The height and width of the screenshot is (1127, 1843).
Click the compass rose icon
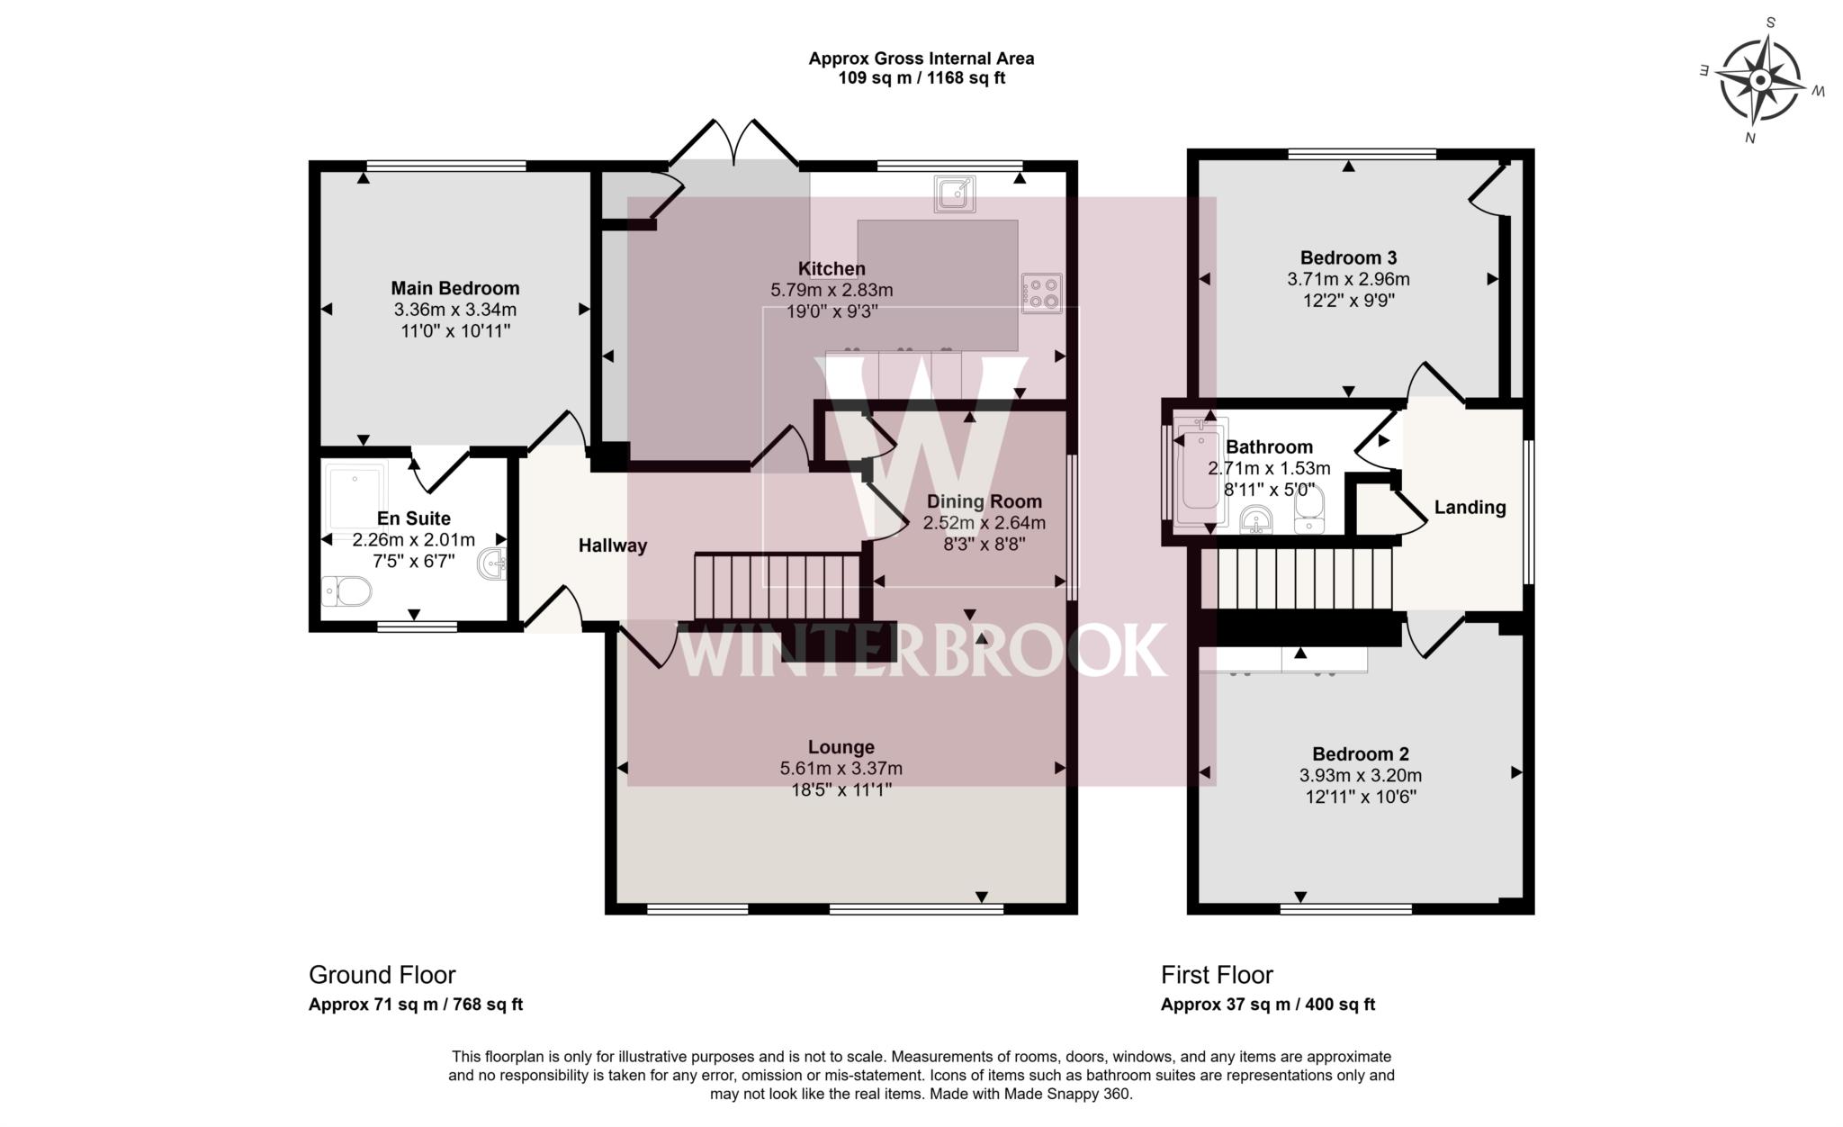point(1760,81)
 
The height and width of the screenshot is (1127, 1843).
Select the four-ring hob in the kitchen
point(1042,293)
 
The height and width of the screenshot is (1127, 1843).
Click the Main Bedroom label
point(454,288)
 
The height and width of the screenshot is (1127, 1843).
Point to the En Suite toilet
point(346,591)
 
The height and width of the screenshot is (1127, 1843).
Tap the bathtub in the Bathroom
point(1198,478)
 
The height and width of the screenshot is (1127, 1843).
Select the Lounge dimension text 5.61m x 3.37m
point(841,769)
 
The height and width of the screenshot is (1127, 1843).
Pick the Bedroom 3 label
point(1347,257)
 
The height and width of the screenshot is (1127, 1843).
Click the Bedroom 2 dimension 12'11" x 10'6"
point(1360,797)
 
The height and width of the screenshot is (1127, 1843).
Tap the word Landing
point(1469,508)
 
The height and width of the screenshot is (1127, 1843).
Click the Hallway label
point(612,545)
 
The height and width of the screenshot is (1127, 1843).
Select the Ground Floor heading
point(382,975)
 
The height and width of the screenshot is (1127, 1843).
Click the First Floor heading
point(1216,975)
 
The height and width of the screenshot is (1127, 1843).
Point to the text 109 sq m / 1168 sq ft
point(921,78)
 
